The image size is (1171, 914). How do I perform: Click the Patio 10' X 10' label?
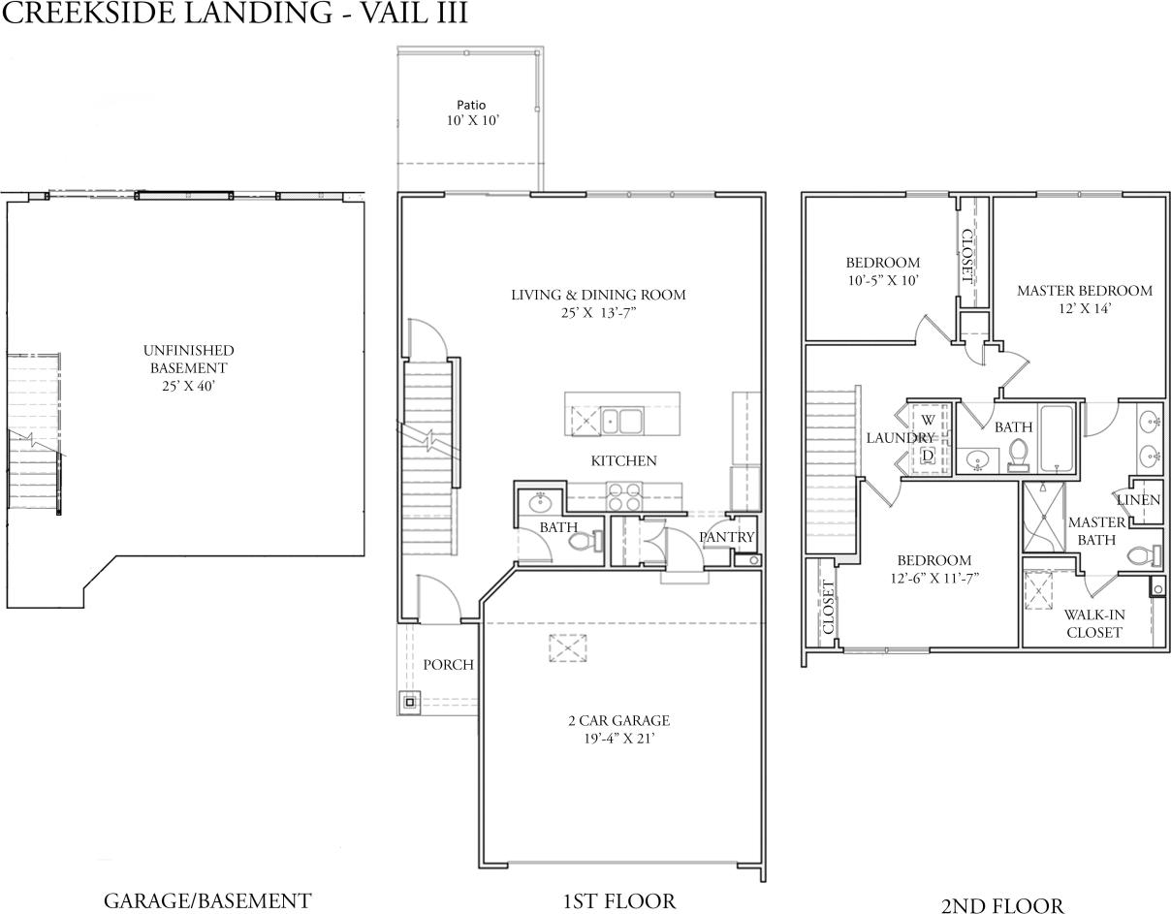click(x=470, y=112)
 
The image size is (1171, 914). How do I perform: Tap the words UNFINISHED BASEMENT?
click(x=188, y=359)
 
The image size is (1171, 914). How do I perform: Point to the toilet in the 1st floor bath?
click(x=582, y=541)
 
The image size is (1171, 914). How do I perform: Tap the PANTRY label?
click(x=726, y=537)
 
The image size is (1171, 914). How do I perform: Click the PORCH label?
click(x=448, y=665)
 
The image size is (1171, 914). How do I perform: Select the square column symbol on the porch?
click(x=410, y=701)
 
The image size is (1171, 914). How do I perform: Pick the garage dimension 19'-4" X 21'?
click(x=618, y=739)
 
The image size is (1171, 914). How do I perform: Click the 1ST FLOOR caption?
click(x=618, y=900)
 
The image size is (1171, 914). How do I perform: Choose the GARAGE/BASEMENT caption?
click(x=207, y=900)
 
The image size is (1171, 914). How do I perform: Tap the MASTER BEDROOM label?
click(x=1084, y=291)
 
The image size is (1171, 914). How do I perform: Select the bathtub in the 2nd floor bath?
click(x=1056, y=436)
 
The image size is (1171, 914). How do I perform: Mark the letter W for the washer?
click(x=928, y=420)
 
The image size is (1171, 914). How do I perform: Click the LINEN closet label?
click(x=1138, y=500)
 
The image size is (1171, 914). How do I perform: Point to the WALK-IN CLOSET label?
click(x=1093, y=623)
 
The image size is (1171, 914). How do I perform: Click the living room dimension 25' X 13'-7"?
click(x=598, y=313)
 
